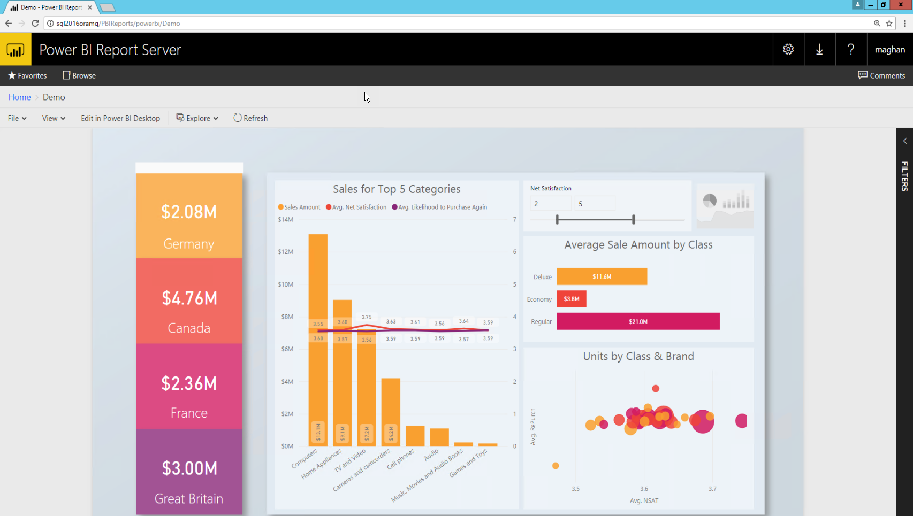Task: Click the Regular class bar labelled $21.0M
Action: pyautogui.click(x=638, y=321)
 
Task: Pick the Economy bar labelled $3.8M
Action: pyautogui.click(x=572, y=299)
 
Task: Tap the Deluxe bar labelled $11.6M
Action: pyautogui.click(x=602, y=276)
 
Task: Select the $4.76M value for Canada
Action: pyautogui.click(x=189, y=298)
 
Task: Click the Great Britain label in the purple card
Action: pyautogui.click(x=189, y=499)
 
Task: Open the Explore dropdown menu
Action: pyautogui.click(x=197, y=118)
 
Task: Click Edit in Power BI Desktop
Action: pyautogui.click(x=120, y=118)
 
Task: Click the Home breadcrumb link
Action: pyautogui.click(x=19, y=97)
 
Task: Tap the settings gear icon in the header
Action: pyautogui.click(x=788, y=49)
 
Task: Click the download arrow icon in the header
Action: pyautogui.click(x=819, y=49)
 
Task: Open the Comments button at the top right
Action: pyautogui.click(x=881, y=75)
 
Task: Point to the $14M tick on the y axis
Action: pyautogui.click(x=285, y=219)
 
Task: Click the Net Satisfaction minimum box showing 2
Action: pyautogui.click(x=550, y=204)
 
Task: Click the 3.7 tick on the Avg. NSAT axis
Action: pyautogui.click(x=712, y=489)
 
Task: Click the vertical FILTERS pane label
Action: pyautogui.click(x=904, y=176)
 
